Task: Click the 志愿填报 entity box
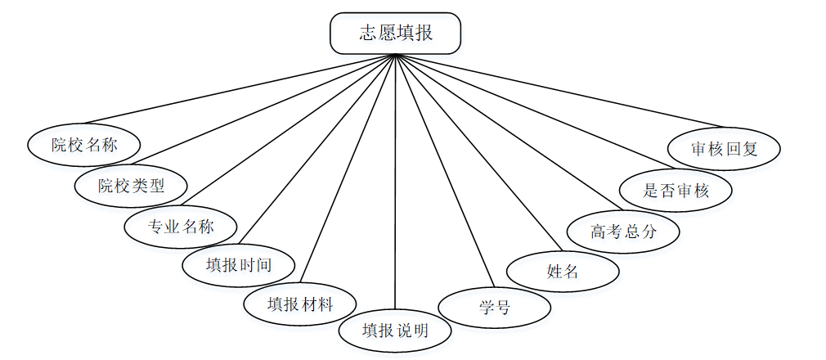[x=395, y=34]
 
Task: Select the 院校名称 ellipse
[x=84, y=146]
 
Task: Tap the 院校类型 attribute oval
[x=131, y=186]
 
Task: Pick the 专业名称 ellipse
[x=181, y=226]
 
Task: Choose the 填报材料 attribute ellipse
[x=300, y=304]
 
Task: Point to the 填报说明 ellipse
[x=395, y=331]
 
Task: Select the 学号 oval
[x=495, y=308]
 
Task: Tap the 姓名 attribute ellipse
[x=563, y=272]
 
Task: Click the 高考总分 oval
[x=623, y=232]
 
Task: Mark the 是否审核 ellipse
[x=676, y=191]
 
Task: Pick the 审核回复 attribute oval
[x=725, y=149]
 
